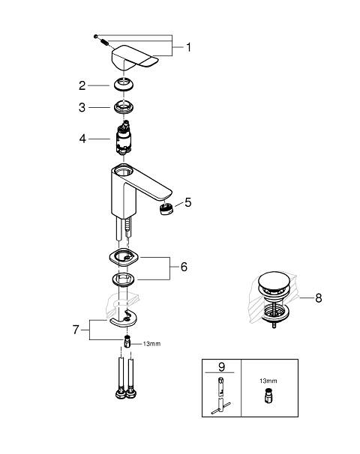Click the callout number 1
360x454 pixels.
click(189, 47)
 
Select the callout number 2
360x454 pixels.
click(82, 85)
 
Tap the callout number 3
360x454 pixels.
click(82, 107)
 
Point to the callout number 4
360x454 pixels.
click(82, 139)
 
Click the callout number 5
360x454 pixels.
click(188, 202)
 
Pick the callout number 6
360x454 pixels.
click(184, 267)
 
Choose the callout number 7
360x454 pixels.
click(76, 330)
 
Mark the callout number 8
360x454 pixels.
click(319, 298)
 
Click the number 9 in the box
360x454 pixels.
click(221, 367)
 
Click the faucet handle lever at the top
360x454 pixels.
click(135, 58)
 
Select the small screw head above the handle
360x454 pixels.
click(96, 36)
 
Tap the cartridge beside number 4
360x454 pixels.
click(124, 138)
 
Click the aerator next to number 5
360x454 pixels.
click(166, 208)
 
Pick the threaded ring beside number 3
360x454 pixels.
click(124, 107)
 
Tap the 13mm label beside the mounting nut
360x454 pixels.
click(151, 344)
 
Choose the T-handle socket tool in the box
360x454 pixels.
click(220, 396)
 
